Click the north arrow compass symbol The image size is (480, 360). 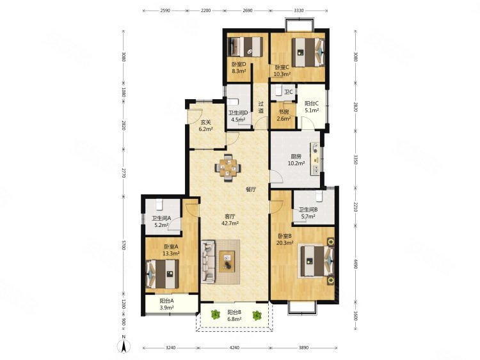point(124,346)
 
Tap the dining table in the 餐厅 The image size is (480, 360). point(228,168)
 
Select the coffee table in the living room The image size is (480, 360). point(227,261)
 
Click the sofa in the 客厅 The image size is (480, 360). point(208,262)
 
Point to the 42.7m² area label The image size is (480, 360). point(230,223)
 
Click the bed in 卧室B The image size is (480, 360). point(317,261)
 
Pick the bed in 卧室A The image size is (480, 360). point(162,274)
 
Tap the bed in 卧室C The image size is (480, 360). point(308,52)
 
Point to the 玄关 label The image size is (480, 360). point(205,122)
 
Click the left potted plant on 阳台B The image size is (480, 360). point(216,314)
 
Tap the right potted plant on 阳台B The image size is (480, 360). point(257,315)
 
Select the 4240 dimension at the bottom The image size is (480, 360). point(234,347)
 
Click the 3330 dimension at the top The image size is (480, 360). point(299,10)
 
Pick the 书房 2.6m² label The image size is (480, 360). point(284,115)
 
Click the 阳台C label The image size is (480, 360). point(312,104)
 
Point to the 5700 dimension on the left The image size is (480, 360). point(124,246)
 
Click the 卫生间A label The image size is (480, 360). point(161,219)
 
